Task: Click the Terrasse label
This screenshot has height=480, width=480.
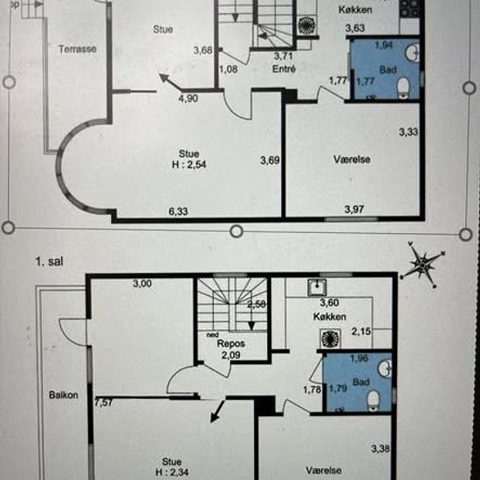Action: click(x=78, y=49)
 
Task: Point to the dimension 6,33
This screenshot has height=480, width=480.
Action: click(x=181, y=209)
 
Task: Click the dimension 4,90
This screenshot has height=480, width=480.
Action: click(x=189, y=99)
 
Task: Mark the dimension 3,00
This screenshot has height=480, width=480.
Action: click(x=143, y=285)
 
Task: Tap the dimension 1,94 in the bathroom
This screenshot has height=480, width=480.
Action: click(x=383, y=45)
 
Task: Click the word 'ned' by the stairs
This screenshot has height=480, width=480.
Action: click(x=210, y=333)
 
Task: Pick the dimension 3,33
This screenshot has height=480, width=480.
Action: click(x=408, y=133)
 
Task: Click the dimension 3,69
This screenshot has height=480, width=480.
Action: click(x=270, y=161)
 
